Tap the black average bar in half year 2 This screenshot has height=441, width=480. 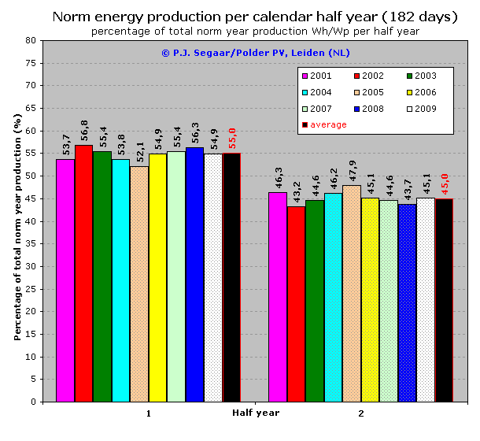tap(444, 300)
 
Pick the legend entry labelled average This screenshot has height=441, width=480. tap(327, 124)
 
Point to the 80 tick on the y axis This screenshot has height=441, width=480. tap(30, 40)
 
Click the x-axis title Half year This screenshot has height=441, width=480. tap(255, 413)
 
